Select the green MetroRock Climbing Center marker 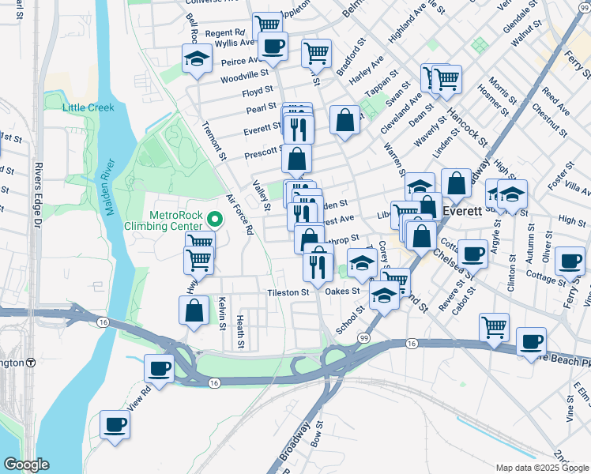coord(212,218)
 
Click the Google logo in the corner coord(25,465)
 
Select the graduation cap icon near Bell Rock coord(197,58)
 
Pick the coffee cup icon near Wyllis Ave coord(273,46)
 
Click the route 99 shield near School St coord(364,337)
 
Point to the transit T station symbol coord(31,363)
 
